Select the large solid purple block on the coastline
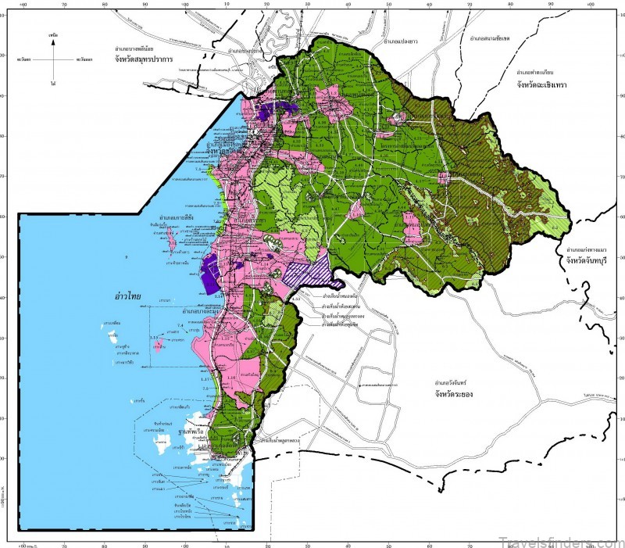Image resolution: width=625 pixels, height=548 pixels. [x=209, y=275]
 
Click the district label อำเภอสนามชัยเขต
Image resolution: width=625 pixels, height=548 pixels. [x=495, y=37]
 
